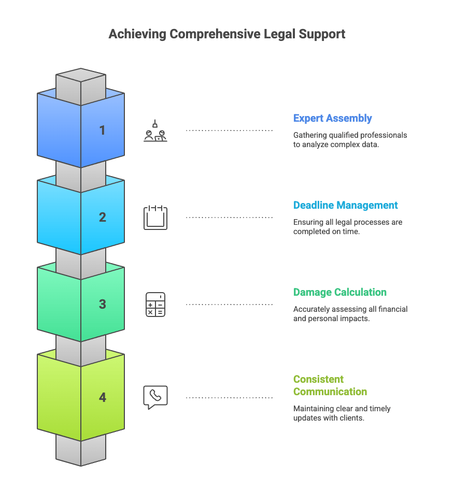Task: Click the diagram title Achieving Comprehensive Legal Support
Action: pos(227,35)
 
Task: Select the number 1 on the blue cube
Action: pos(103,130)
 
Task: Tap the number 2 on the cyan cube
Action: pos(103,217)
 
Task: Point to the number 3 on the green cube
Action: pos(103,304)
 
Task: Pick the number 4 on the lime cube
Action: pos(103,397)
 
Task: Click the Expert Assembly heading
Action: pos(332,118)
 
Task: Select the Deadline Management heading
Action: pos(345,205)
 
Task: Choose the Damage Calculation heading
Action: pos(339,292)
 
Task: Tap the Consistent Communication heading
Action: pos(330,385)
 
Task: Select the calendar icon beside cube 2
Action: pos(155,218)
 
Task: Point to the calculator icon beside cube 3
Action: pos(155,305)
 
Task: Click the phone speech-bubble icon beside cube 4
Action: pos(155,397)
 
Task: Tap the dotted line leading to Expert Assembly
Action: pos(229,131)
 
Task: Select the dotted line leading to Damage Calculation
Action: pos(229,305)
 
